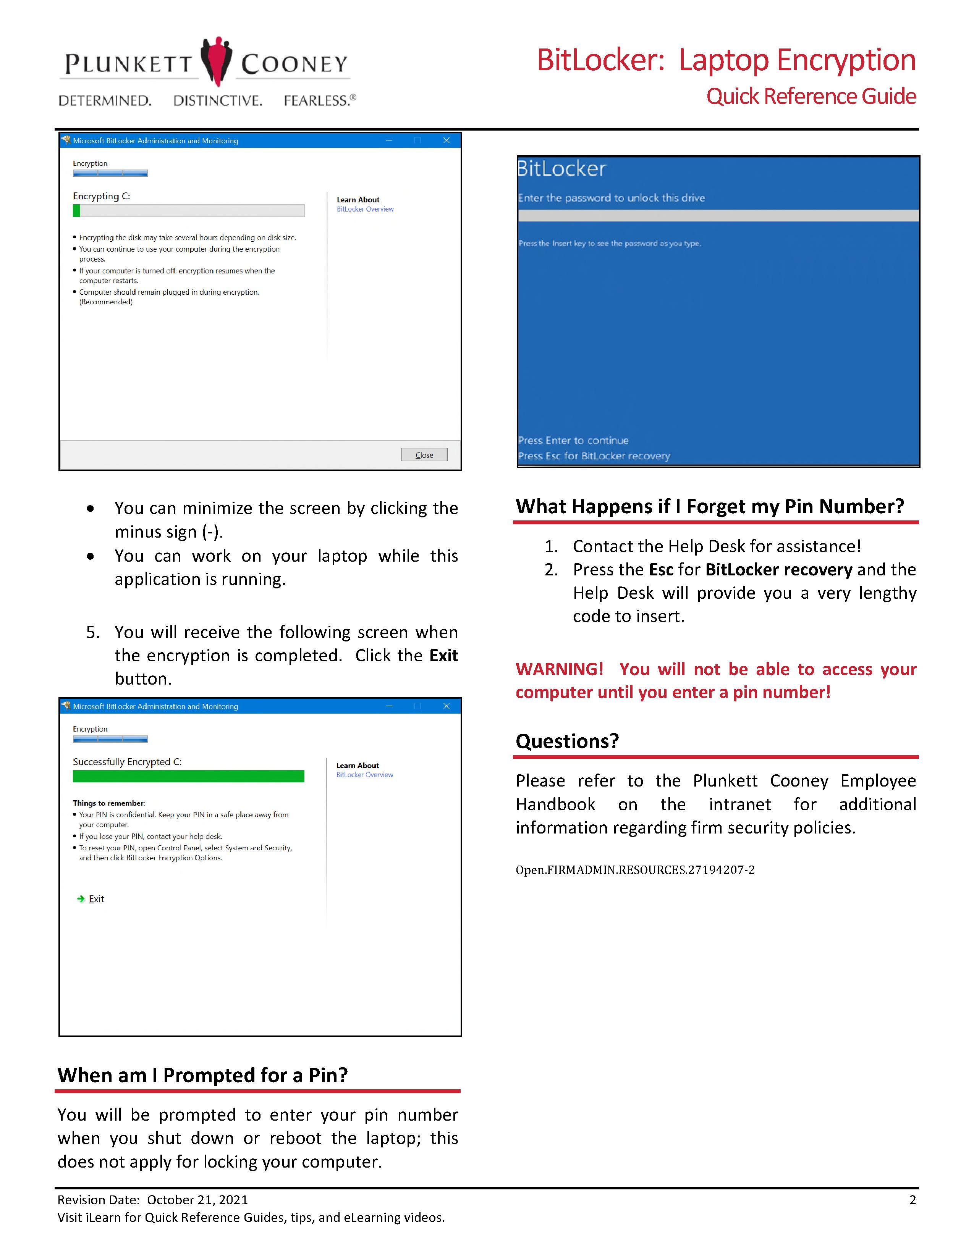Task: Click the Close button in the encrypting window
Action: click(x=424, y=455)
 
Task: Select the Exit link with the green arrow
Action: click(x=96, y=899)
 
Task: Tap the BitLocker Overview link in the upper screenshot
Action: click(x=365, y=209)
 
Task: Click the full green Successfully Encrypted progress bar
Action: click(x=188, y=777)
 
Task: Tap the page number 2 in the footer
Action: click(x=912, y=1200)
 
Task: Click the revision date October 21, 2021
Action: click(x=197, y=1200)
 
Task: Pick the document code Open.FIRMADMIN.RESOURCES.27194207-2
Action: click(x=635, y=870)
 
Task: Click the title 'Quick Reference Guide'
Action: click(x=811, y=96)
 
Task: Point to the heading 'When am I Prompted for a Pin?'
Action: click(x=202, y=1075)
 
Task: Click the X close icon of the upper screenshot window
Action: click(x=446, y=140)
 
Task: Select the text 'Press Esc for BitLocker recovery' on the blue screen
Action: click(x=594, y=456)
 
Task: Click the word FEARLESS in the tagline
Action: click(x=315, y=100)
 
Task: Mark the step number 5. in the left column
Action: click(x=93, y=632)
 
